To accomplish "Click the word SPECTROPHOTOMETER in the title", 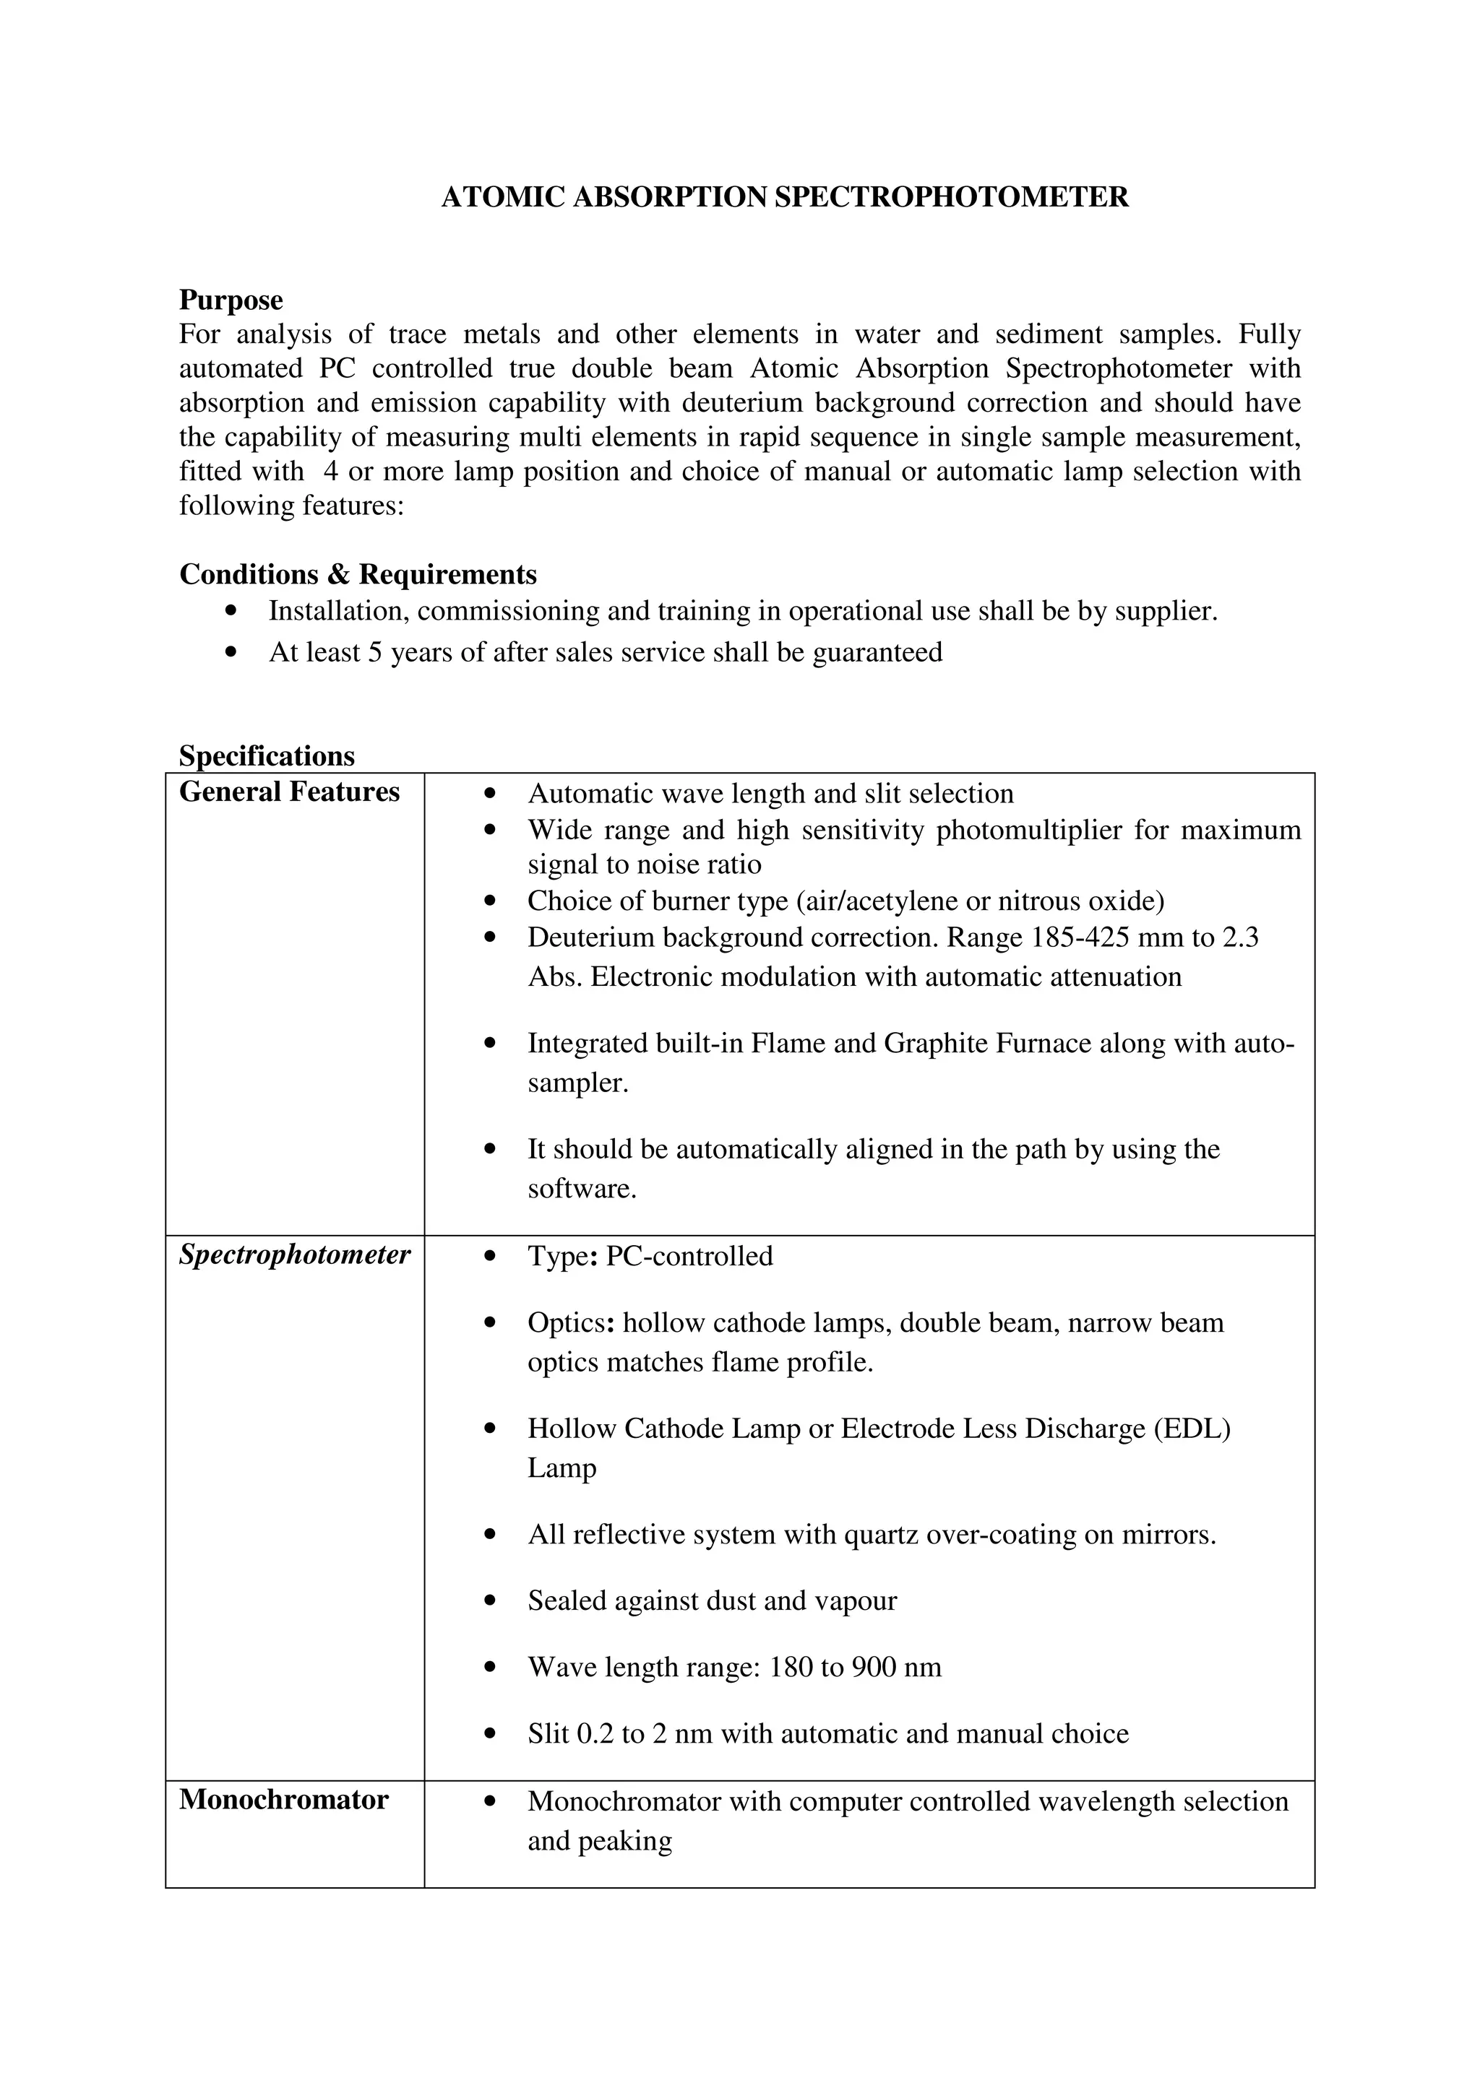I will [951, 197].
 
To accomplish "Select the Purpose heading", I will [231, 300].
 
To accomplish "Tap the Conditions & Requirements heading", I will [358, 574].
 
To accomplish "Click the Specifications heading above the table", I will [266, 755].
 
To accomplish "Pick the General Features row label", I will [289, 792].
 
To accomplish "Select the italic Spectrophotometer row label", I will [295, 1254].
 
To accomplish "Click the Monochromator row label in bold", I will [283, 1800].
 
